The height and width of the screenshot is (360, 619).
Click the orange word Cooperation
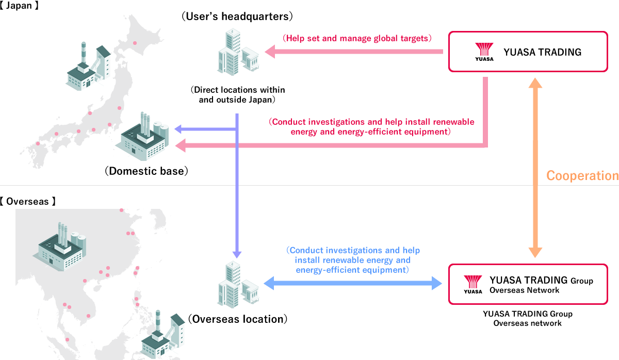pyautogui.click(x=582, y=176)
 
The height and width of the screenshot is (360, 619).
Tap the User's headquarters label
pyautogui.click(x=237, y=17)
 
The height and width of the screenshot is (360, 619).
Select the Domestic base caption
pyautogui.click(x=146, y=171)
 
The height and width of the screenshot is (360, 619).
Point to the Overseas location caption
pyautogui.click(x=238, y=319)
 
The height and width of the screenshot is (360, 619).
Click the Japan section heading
pyautogui.click(x=20, y=6)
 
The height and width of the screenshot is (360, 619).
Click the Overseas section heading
pyautogui.click(x=28, y=202)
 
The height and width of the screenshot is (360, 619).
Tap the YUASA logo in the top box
pyautogui.click(x=484, y=52)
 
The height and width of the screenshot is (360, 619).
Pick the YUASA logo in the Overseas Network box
pyautogui.click(x=473, y=284)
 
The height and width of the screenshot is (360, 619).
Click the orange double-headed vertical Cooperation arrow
pyautogui.click(x=535, y=168)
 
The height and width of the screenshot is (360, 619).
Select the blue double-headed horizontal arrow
pyautogui.click(x=353, y=283)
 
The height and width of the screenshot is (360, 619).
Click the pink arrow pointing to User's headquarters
pyautogui.click(x=354, y=52)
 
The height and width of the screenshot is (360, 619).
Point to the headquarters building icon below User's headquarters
pyautogui.click(x=238, y=52)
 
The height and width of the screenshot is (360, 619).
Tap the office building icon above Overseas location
pyautogui.click(x=238, y=285)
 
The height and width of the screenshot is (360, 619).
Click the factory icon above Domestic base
pyautogui.click(x=142, y=136)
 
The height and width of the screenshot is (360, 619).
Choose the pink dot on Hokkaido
pyautogui.click(x=135, y=43)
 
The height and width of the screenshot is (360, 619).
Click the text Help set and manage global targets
pyautogui.click(x=357, y=38)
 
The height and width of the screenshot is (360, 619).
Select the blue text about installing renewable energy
pyautogui.click(x=353, y=260)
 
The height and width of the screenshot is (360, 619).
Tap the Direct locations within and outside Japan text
pyautogui.click(x=237, y=94)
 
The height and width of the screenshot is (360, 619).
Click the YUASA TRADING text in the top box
pyautogui.click(x=542, y=52)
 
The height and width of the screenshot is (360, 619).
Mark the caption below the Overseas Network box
pyautogui.click(x=528, y=319)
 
